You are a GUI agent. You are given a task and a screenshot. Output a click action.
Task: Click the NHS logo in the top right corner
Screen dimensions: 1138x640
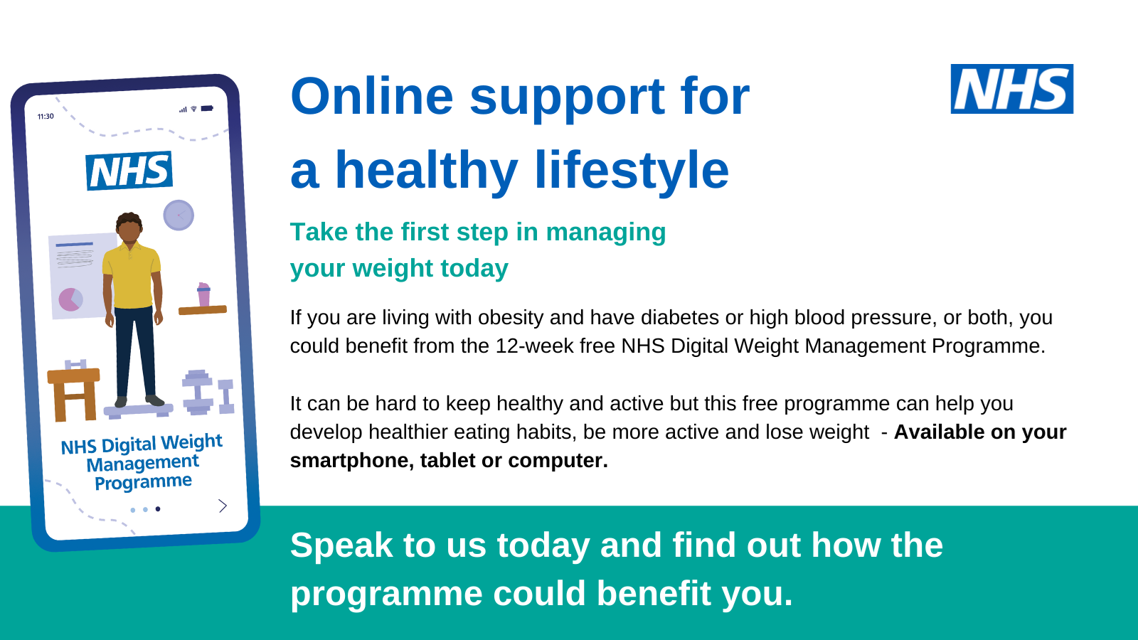tap(1012, 89)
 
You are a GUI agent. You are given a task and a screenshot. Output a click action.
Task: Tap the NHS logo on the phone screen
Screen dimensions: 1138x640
tap(129, 171)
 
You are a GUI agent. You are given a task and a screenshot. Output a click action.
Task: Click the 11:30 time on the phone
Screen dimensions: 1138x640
tap(46, 117)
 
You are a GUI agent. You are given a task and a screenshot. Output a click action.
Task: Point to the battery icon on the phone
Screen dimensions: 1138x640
tap(207, 108)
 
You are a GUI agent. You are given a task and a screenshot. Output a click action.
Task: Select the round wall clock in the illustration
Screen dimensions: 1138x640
tap(179, 215)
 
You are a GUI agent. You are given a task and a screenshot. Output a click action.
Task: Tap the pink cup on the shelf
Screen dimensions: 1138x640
tap(203, 294)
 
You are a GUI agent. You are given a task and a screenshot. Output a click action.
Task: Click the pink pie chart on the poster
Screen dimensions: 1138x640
tap(70, 299)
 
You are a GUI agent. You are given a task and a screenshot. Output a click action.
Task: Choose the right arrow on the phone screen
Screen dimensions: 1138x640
tap(223, 506)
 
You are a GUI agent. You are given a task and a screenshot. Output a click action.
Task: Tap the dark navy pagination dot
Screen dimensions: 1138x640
tap(158, 509)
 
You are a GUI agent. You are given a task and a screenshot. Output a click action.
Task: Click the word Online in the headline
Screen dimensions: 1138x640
tap(372, 97)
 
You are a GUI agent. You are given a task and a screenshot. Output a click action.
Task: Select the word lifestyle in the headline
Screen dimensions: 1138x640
tap(632, 171)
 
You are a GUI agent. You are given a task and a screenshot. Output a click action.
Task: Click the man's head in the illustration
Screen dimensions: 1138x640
tap(129, 228)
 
